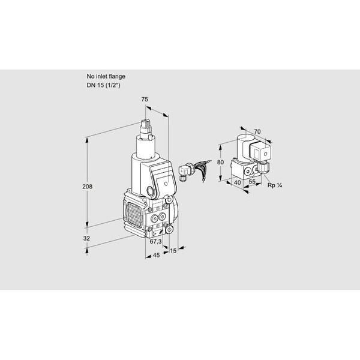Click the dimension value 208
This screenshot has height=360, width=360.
coord(87,187)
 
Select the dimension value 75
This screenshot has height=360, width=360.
coord(145,100)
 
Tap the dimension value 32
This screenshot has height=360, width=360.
coord(86,238)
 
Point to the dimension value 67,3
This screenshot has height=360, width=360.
coord(155,241)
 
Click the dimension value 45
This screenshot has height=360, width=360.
coord(156,255)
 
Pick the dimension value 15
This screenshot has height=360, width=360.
coord(173,251)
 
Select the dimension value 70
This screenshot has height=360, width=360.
coord(257,131)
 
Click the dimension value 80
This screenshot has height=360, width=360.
coord(220,162)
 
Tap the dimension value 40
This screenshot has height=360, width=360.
coord(237,182)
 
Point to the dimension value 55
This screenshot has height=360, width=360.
coord(252,181)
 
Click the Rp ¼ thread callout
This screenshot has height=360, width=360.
coord(275,185)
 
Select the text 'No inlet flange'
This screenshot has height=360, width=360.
coord(106,76)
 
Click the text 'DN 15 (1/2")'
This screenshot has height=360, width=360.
coord(103,85)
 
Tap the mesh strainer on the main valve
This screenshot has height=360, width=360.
coord(134,215)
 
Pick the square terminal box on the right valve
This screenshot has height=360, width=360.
coord(260,152)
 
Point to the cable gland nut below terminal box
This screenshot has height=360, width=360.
coord(262,167)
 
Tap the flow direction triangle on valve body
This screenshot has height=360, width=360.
coord(154,234)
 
